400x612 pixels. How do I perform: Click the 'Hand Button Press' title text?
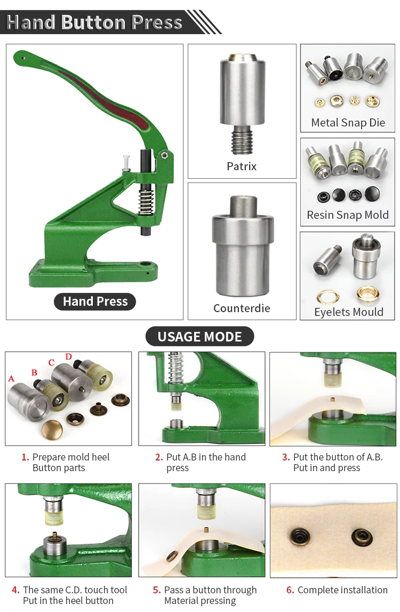coord(94,22)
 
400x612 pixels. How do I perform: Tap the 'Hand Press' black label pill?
coord(95,301)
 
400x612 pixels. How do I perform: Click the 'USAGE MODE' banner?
coord(199,337)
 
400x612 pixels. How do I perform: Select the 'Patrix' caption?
coord(242,166)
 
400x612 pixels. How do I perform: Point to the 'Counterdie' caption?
coord(242,308)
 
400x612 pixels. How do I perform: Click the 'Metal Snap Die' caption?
coord(348,123)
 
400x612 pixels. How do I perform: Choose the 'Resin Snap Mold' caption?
coord(348,215)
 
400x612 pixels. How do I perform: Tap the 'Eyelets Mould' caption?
coord(348,312)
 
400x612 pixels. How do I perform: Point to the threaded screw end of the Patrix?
coord(242,142)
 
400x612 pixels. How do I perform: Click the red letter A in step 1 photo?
coord(11,379)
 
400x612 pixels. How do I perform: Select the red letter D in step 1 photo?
coord(68,357)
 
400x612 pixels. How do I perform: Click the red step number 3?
coord(286,457)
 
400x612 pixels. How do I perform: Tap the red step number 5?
coord(157,590)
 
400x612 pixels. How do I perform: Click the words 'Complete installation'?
coord(342,590)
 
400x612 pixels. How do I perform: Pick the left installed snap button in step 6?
coord(298,536)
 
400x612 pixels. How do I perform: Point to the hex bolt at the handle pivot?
coord(164,155)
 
